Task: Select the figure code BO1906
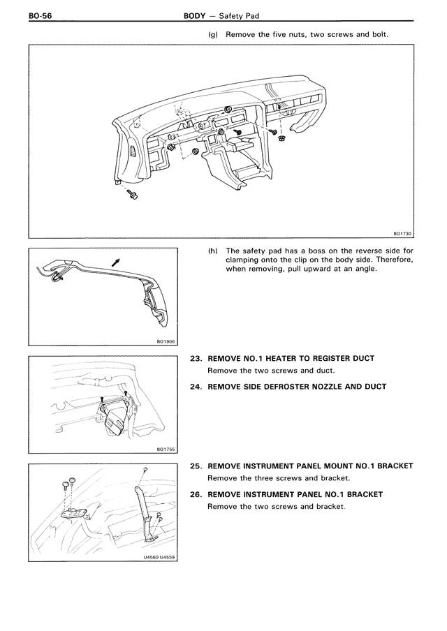pyautogui.click(x=166, y=341)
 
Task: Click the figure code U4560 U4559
pyautogui.click(x=159, y=557)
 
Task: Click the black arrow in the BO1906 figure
pyautogui.click(x=115, y=260)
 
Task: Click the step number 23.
pyautogui.click(x=196, y=358)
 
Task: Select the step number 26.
pyautogui.click(x=196, y=494)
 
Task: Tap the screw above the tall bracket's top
pyautogui.click(x=145, y=470)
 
